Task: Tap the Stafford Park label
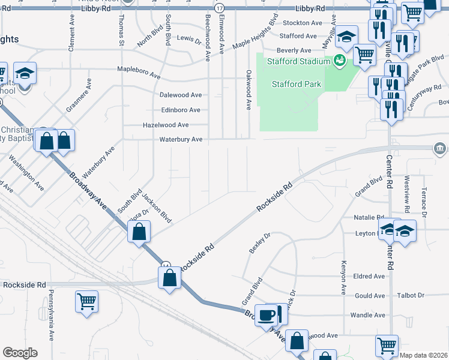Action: click(296, 84)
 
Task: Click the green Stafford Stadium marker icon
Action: click(339, 61)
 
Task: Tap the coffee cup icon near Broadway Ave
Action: click(267, 314)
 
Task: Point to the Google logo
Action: click(20, 353)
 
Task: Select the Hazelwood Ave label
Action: click(165, 125)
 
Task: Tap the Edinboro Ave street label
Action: click(181, 110)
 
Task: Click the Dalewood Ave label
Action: click(180, 95)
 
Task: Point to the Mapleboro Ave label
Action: click(139, 72)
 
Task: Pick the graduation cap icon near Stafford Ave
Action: click(346, 37)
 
